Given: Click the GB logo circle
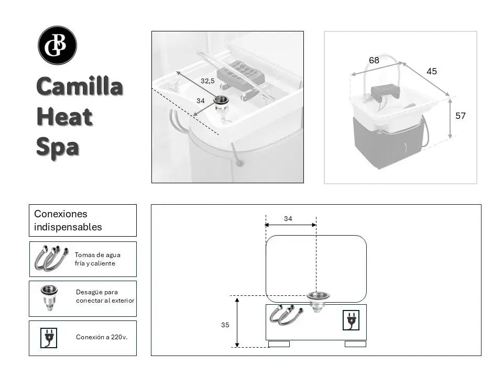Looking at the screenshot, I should pyautogui.click(x=58, y=46).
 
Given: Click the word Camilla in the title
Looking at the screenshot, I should pyautogui.click(x=80, y=87).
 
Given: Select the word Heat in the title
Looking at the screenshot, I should pyautogui.click(x=64, y=117).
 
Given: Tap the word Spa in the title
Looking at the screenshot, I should pyautogui.click(x=58, y=147).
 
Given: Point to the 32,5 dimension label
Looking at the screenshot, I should pyautogui.click(x=207, y=81).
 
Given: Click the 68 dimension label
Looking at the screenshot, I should pyautogui.click(x=374, y=61).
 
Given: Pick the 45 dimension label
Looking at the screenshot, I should pyautogui.click(x=431, y=71).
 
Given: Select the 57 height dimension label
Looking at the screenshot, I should pyautogui.click(x=460, y=116).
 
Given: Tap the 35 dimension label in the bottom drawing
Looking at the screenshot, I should pyautogui.click(x=225, y=325).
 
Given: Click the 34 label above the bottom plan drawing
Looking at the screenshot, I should pyautogui.click(x=288, y=219).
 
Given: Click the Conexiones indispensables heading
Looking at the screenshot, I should pyautogui.click(x=68, y=220).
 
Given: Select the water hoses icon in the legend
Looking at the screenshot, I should pyautogui.click(x=50, y=259).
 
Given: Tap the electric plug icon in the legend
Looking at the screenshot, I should pyautogui.click(x=49, y=338).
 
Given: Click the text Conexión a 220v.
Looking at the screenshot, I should pyautogui.click(x=102, y=337).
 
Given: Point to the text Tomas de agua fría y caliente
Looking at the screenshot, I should pyautogui.click(x=97, y=259).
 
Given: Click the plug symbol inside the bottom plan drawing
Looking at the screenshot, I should pyautogui.click(x=350, y=320).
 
